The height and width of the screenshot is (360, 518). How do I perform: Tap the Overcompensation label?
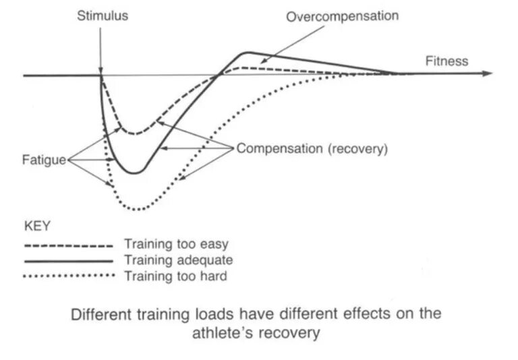click(x=342, y=16)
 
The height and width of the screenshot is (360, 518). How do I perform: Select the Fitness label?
click(x=446, y=61)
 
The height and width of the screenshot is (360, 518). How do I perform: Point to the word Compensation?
click(x=280, y=148)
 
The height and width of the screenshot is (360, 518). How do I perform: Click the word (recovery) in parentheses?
click(x=357, y=148)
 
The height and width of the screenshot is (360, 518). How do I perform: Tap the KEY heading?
click(x=36, y=224)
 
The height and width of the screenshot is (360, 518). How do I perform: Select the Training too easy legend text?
click(x=177, y=245)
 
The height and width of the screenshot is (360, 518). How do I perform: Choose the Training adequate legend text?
click(x=179, y=260)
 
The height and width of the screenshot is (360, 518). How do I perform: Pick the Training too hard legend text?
click(x=176, y=275)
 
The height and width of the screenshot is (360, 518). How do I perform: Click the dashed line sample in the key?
click(x=68, y=246)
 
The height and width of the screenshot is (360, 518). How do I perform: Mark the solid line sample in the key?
click(x=68, y=260)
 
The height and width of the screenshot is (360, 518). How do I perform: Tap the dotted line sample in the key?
click(x=68, y=275)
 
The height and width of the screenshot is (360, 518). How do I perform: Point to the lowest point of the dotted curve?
click(x=137, y=209)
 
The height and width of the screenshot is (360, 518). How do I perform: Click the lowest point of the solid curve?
click(x=135, y=173)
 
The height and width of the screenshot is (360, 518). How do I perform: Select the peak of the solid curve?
click(x=248, y=52)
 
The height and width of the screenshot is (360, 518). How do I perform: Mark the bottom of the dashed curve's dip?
click(x=134, y=133)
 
